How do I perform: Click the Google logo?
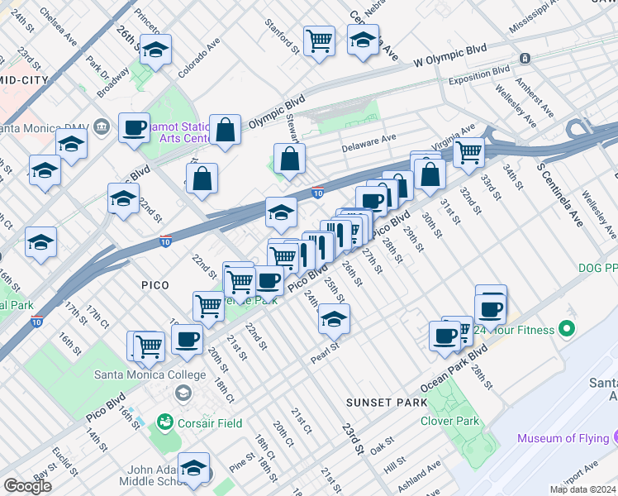coord(27,486)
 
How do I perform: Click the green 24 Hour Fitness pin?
coord(566,331)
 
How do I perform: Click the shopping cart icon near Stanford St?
coord(319,40)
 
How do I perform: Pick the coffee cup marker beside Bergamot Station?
coord(134,128)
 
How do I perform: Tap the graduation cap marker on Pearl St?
coord(334,318)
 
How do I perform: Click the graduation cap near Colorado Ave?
coord(155,50)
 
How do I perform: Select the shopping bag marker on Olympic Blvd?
coord(225,130)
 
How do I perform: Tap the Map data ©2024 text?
coord(582,489)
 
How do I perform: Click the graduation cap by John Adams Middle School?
coord(194,468)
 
